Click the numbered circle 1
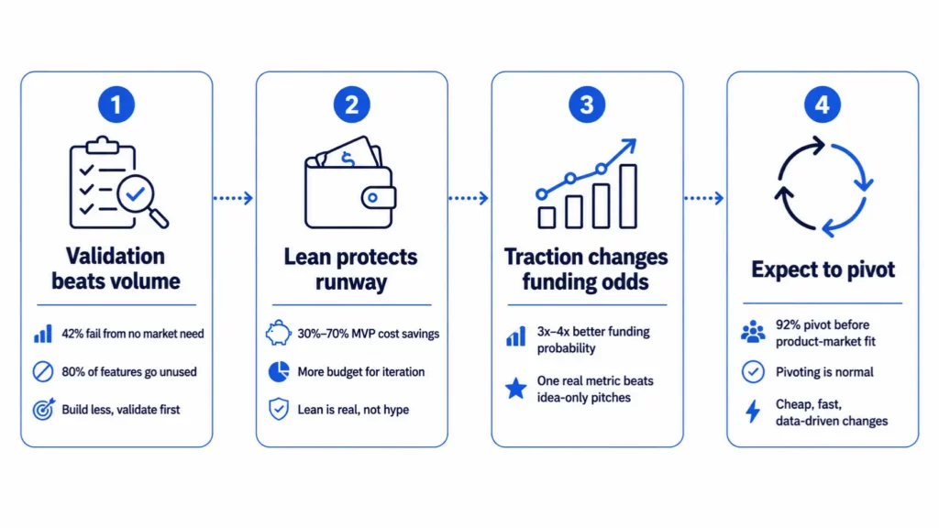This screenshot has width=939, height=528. pos(116,104)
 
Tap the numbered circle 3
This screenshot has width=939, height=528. pos(587,104)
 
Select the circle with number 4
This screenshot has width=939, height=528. pos(823,104)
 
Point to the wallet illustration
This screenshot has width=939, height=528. pos(350,182)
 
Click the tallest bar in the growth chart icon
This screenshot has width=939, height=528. pos(628,196)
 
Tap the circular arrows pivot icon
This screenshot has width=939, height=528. pos(824,186)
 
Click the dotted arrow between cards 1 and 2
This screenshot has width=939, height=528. pos(234,198)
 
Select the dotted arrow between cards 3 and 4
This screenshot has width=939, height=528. pos(704,198)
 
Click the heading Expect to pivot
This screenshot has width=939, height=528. pos(823,269)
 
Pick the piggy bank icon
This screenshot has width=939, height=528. pos(279,333)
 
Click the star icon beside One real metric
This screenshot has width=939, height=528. pos(515,389)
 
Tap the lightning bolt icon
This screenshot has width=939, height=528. pos(753,412)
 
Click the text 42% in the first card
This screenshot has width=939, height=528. pos(72,334)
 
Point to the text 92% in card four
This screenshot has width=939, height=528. pos(787,325)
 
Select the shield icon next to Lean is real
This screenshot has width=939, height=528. pos(279,410)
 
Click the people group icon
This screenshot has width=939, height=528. pos(753,332)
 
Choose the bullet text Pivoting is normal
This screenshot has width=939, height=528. pos(824,372)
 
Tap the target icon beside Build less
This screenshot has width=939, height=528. pos(43,410)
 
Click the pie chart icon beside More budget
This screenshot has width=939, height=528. pos(279,372)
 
